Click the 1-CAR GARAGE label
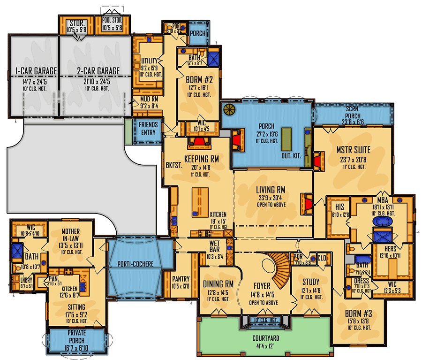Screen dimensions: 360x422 click(x=32, y=71)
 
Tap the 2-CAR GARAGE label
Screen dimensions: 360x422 click(x=98, y=71)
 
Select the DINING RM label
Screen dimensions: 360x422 click(x=219, y=283)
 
